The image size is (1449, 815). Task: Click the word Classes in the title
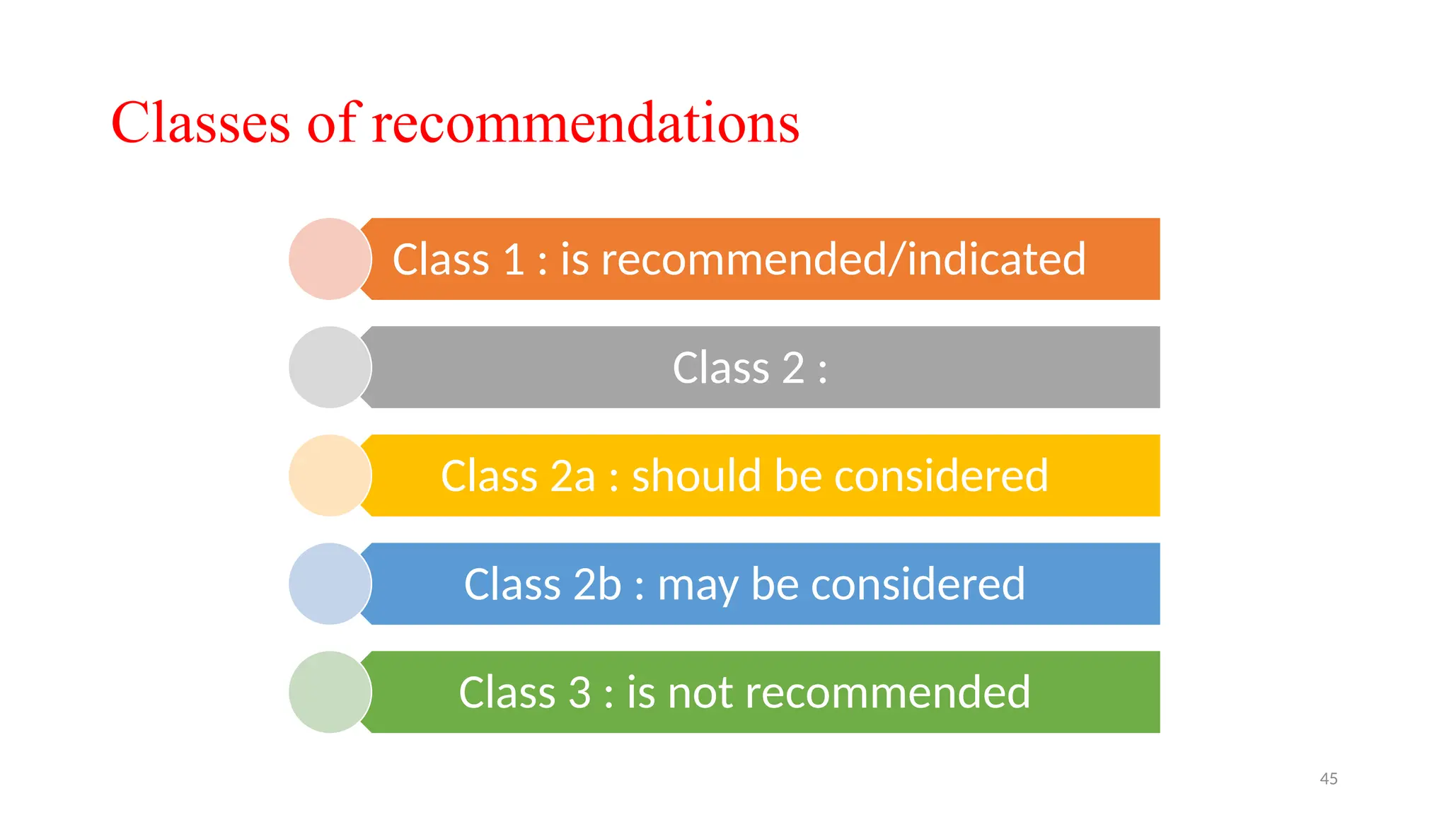(200, 123)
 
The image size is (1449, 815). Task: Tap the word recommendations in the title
(585, 123)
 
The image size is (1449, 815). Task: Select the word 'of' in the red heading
(333, 123)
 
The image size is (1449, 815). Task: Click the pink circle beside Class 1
(330, 259)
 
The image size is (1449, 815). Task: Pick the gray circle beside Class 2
(330, 367)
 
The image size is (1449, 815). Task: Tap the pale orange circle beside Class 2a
(330, 475)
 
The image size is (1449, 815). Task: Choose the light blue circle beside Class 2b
(330, 584)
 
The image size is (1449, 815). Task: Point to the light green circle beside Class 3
(330, 692)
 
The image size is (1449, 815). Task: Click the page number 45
(1328, 779)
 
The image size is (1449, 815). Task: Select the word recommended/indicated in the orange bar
(843, 259)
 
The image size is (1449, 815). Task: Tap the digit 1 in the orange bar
(513, 259)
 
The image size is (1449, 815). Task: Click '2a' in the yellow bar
(572, 475)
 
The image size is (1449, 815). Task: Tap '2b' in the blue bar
(596, 584)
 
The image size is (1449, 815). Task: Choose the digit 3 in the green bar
(579, 693)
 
